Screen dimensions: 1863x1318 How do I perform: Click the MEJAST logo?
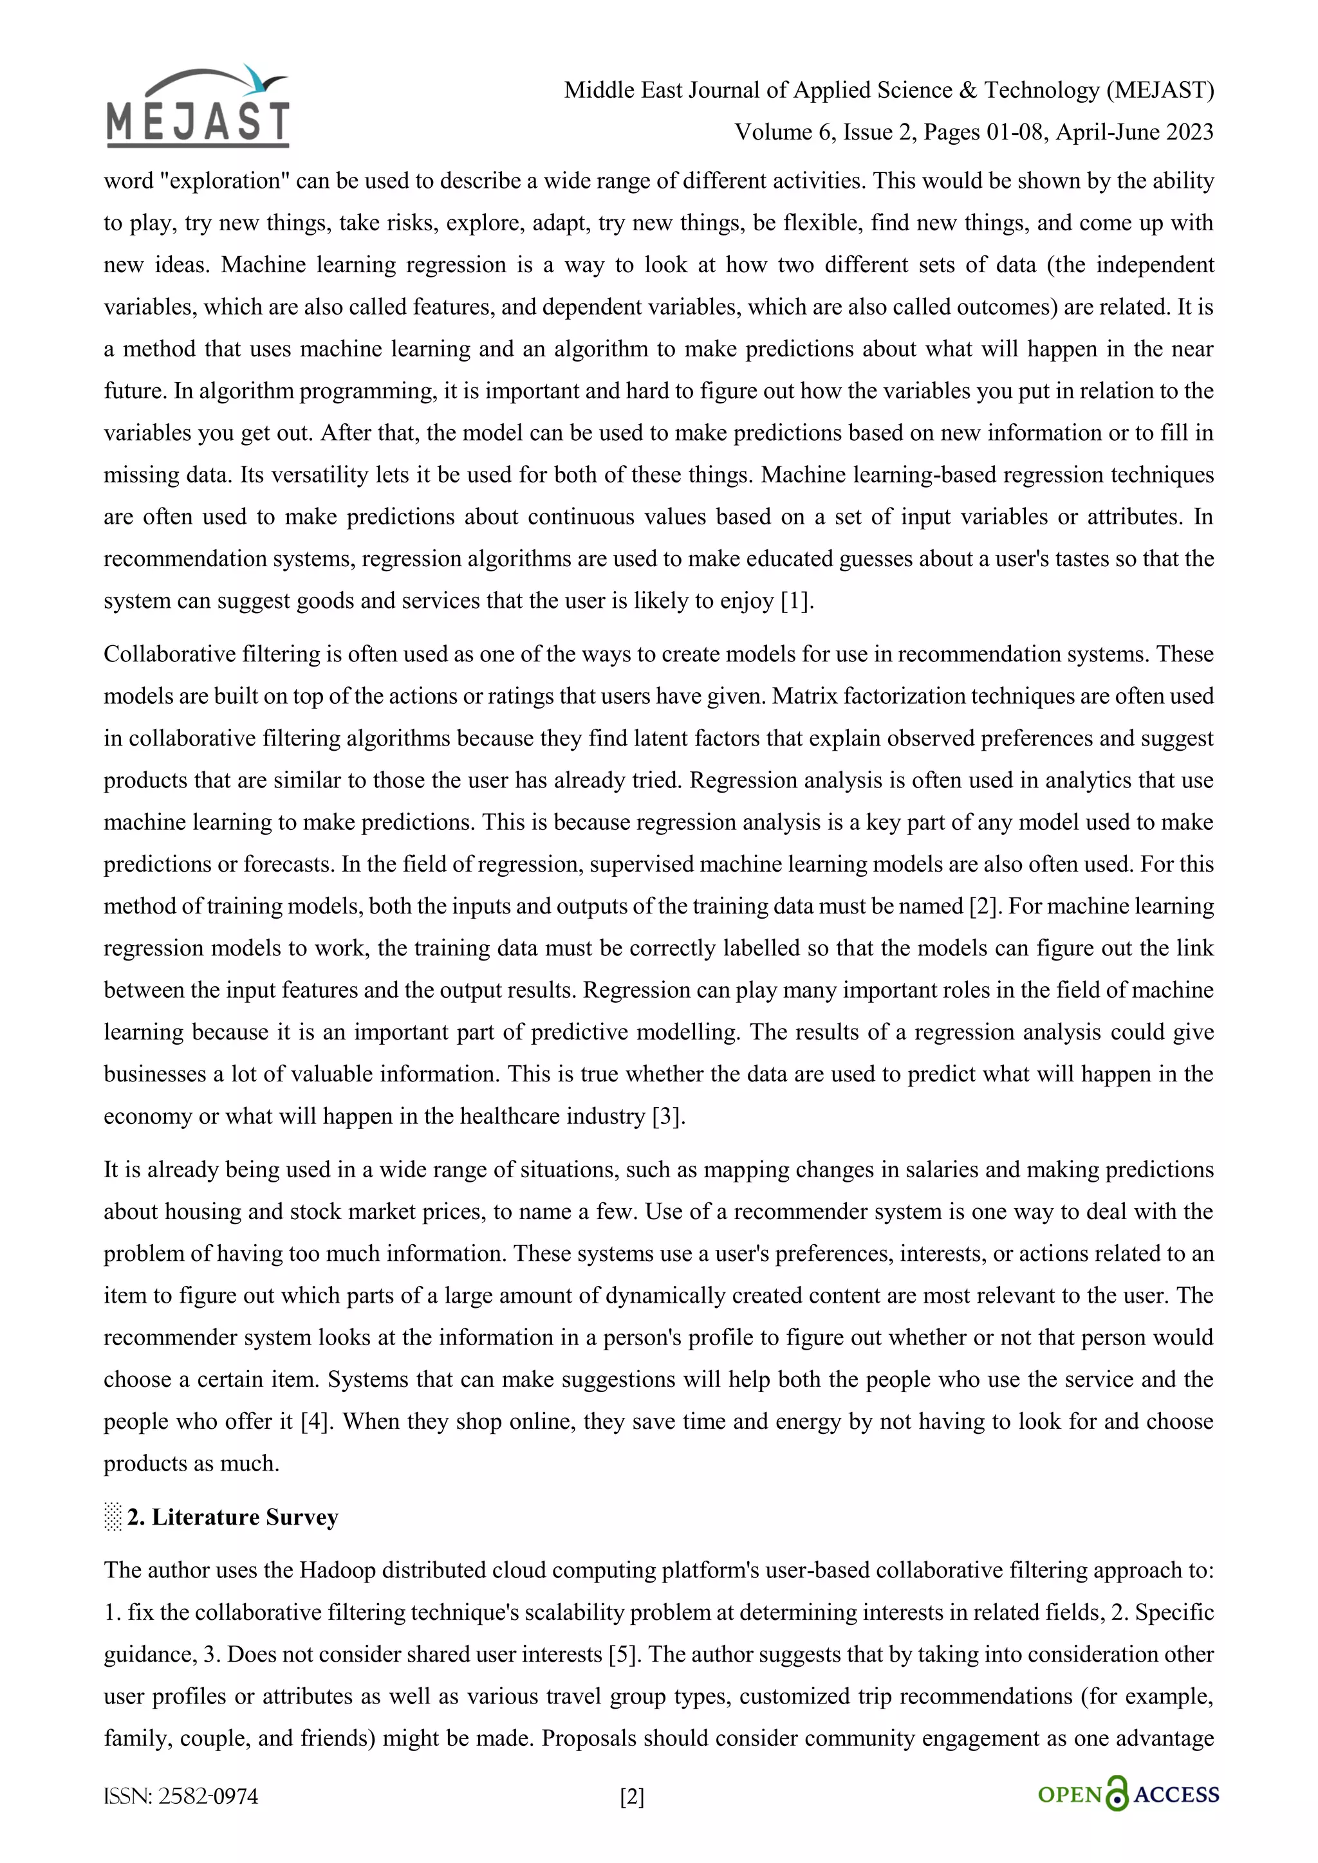[198, 122]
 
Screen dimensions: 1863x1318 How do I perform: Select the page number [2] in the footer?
[632, 1797]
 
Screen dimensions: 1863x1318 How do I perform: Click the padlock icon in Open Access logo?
[1118, 1794]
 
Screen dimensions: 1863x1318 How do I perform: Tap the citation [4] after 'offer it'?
[315, 1421]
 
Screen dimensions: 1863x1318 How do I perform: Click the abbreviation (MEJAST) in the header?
[1160, 89]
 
